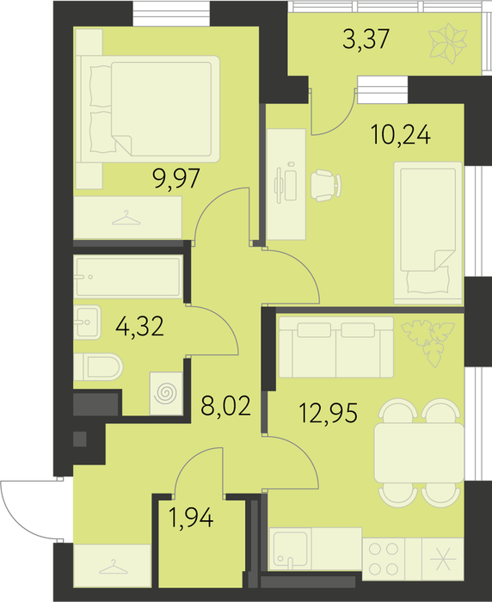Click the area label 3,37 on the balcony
(x=366, y=39)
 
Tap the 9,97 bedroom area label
(x=176, y=178)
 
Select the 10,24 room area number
(x=401, y=134)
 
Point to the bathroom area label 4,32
(x=140, y=326)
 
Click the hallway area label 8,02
(x=226, y=406)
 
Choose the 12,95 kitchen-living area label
(x=329, y=413)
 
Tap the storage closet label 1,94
(x=191, y=518)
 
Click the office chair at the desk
(x=326, y=186)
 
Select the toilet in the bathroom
(x=98, y=367)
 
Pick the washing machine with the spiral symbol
(x=166, y=394)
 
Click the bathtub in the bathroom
(x=128, y=277)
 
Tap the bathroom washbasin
(x=87, y=322)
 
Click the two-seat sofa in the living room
(x=336, y=347)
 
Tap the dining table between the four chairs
(x=419, y=453)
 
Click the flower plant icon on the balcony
(x=448, y=43)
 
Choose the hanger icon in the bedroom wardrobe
(x=126, y=218)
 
